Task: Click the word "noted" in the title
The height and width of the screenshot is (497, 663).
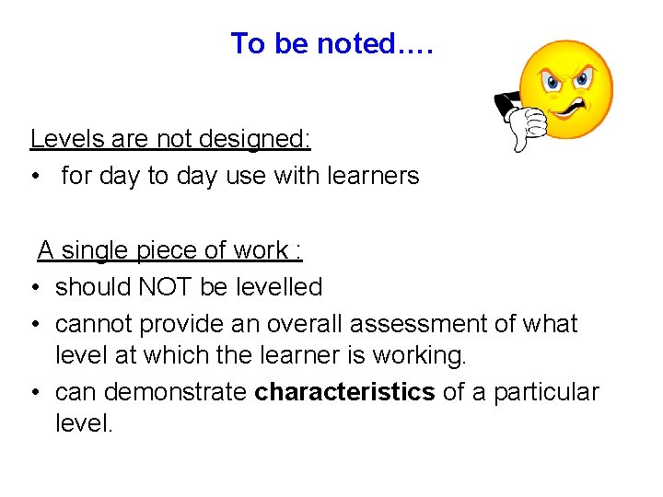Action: point(355,43)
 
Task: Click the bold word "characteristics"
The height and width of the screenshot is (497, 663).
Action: point(344,392)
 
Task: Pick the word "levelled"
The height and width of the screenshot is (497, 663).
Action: point(278,287)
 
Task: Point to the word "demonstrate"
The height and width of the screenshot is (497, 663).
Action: point(175,392)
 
